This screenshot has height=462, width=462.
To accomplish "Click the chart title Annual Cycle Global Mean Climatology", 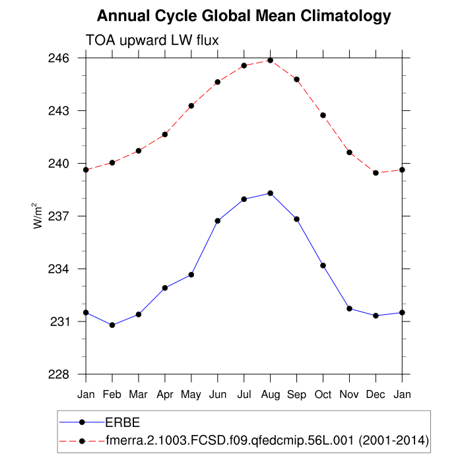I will point(244,16).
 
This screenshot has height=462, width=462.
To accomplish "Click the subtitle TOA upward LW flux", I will point(152,41).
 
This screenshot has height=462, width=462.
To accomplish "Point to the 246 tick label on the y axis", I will point(61,58).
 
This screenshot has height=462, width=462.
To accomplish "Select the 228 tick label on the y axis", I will point(61,374).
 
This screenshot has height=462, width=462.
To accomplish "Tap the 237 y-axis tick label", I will point(61,216).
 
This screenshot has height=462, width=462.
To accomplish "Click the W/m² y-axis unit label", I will point(39,216).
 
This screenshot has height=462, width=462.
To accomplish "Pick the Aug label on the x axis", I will point(270,394).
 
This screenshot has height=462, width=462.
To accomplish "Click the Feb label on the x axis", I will point(112,394).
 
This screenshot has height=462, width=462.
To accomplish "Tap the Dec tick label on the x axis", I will point(376,394).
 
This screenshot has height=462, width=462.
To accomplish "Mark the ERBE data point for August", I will point(270,193).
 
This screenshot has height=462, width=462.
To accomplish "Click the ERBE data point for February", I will point(112,325).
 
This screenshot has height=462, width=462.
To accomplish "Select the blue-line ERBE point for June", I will point(218,220).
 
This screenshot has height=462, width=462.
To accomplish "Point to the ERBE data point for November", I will point(349,309).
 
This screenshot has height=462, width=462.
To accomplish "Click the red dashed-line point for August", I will point(270,60).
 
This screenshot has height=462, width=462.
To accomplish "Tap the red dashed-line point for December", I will point(376,173).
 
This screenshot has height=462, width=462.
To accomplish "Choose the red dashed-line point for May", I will point(191,106).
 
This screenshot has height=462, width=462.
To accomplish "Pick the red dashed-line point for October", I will point(323,115).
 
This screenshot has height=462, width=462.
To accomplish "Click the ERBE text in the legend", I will point(123,421).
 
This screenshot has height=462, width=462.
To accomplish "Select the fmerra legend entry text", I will point(268,440).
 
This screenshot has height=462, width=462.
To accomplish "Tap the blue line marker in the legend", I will point(82,421).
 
